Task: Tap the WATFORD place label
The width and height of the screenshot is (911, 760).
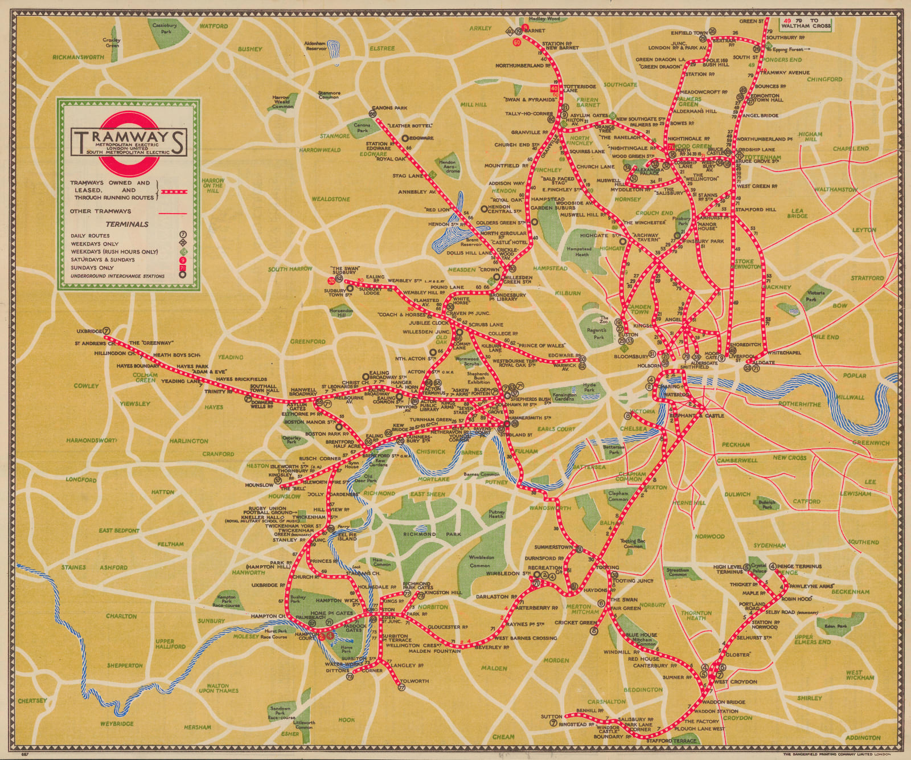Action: (x=214, y=26)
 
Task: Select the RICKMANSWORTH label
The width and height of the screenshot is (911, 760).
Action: (x=78, y=57)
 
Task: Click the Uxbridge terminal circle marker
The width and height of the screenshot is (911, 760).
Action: (x=107, y=330)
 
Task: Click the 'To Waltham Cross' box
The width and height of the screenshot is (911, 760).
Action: (x=807, y=23)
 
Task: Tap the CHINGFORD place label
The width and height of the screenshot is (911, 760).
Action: (x=824, y=79)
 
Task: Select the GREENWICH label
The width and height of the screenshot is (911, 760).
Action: (x=871, y=443)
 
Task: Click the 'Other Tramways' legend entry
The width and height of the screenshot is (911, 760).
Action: (x=100, y=211)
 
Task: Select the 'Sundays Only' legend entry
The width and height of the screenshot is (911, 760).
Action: (x=92, y=267)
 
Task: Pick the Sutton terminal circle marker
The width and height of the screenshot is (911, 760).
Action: (x=553, y=723)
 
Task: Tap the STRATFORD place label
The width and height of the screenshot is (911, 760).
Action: (x=867, y=278)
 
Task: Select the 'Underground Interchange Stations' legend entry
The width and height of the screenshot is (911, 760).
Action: (x=117, y=276)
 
